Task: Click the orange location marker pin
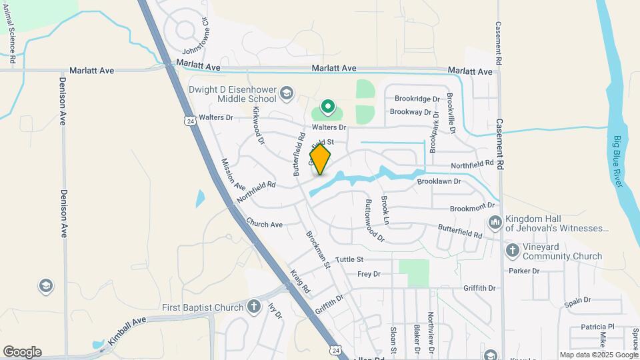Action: click(x=320, y=159)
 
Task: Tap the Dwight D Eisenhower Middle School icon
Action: click(x=287, y=93)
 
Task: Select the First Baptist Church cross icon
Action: click(x=253, y=307)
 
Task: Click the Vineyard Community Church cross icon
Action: click(x=512, y=251)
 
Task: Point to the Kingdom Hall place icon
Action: click(x=495, y=222)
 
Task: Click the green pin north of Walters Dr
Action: click(x=327, y=107)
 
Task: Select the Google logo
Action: click(x=21, y=352)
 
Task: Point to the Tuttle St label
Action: click(x=349, y=259)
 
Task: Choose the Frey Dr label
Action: click(x=369, y=274)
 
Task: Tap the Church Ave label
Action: click(x=264, y=224)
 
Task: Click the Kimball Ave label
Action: click(x=125, y=331)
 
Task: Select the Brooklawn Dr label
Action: click(x=439, y=181)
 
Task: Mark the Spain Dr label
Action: click(x=577, y=301)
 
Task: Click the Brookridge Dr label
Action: click(x=417, y=99)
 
